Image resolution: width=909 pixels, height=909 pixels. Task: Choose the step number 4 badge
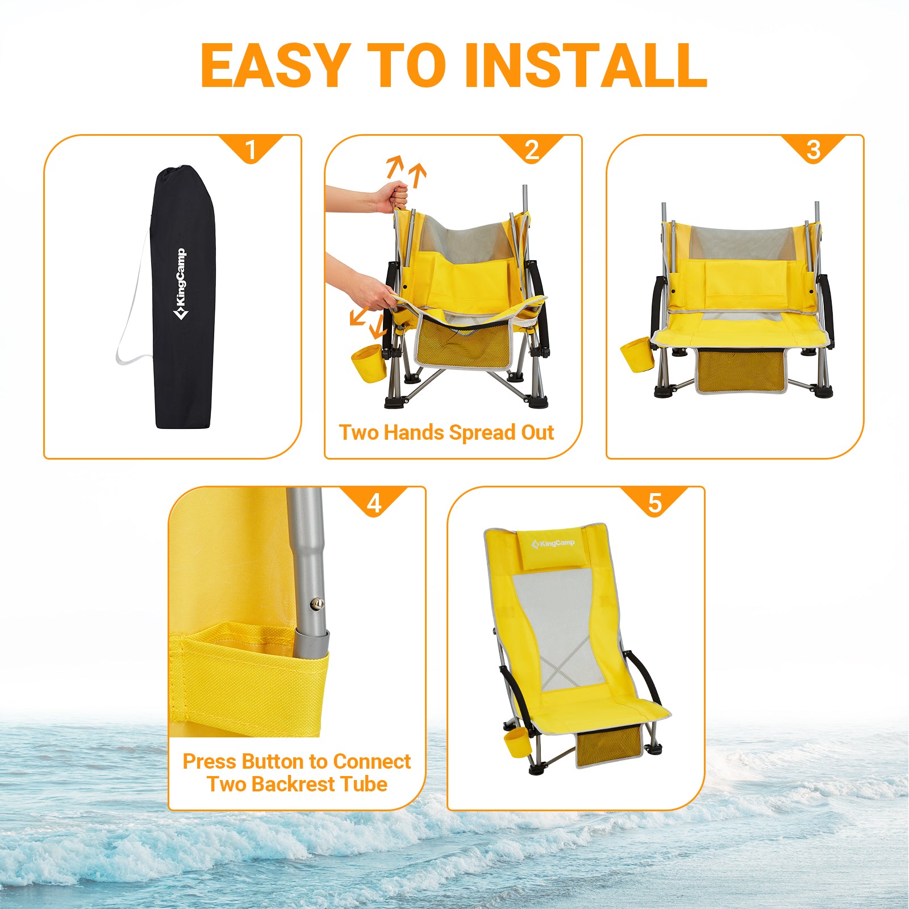(x=374, y=503)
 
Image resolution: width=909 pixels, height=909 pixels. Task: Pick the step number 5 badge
(x=655, y=503)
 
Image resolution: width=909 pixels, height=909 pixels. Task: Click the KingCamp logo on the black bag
(x=180, y=284)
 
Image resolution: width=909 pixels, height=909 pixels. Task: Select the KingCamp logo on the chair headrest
(x=553, y=544)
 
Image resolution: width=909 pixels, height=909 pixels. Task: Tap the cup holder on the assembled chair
(x=516, y=743)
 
